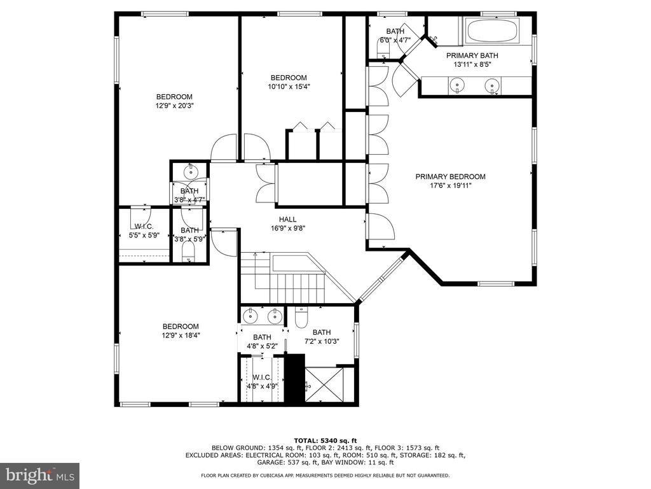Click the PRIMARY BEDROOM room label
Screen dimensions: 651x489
(x=451, y=177)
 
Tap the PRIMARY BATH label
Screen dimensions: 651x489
(x=472, y=55)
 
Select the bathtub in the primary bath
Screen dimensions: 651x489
(x=492, y=31)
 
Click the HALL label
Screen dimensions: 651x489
(x=288, y=220)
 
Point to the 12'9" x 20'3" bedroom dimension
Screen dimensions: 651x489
(x=175, y=106)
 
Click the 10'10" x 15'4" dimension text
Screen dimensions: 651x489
(x=289, y=87)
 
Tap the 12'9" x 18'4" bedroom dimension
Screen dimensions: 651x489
(x=181, y=336)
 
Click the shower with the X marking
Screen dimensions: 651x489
(x=324, y=385)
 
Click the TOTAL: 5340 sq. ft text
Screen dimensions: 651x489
(x=325, y=441)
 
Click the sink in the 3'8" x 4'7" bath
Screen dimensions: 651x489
(x=191, y=171)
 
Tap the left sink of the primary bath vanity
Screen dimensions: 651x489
(x=457, y=86)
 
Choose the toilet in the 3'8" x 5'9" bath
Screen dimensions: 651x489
(x=189, y=252)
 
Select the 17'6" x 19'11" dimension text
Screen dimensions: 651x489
(x=451, y=186)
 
